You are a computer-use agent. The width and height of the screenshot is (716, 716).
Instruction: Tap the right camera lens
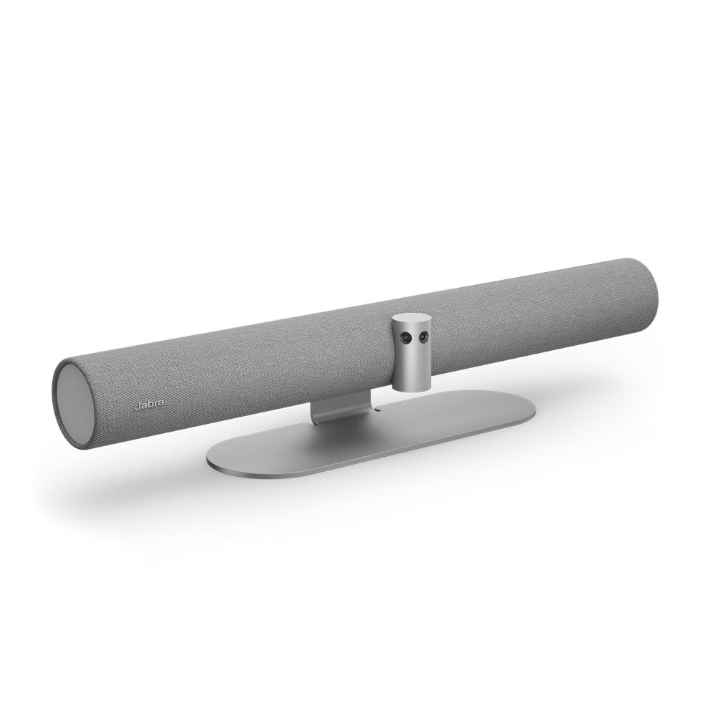[x=422, y=337]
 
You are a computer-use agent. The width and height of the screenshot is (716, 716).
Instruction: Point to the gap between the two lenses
[x=413, y=337]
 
